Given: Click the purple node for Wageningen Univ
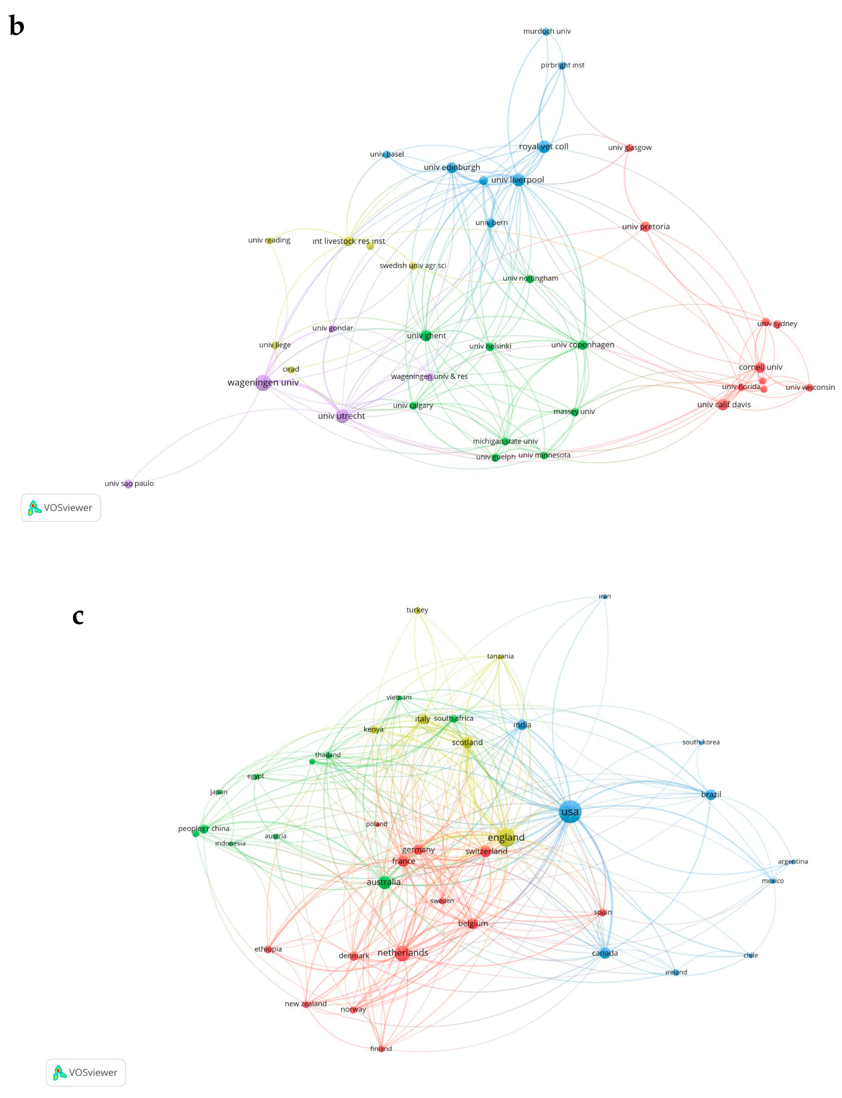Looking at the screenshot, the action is tap(263, 383).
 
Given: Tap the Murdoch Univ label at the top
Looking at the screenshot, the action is tap(547, 31).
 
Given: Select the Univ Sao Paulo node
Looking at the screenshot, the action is tap(128, 484).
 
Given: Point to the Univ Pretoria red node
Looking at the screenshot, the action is tap(645, 227).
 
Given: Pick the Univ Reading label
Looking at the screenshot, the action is tap(269, 240).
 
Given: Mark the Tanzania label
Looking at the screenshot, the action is tap(500, 656).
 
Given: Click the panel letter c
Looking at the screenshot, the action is tap(78, 616).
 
